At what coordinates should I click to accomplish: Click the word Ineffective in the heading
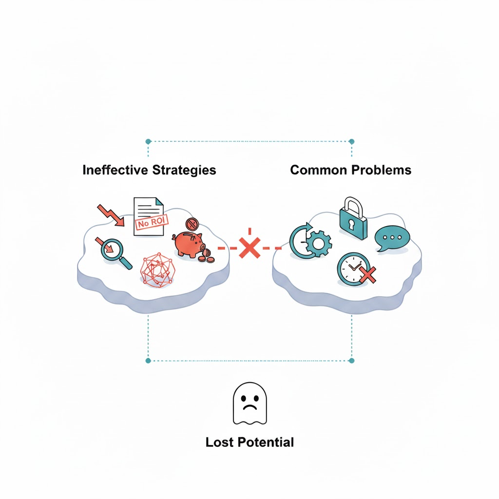(115, 170)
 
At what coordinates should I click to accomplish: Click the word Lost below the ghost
(220, 442)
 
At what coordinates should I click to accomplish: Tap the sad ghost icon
(249, 403)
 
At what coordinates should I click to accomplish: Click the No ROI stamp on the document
(151, 222)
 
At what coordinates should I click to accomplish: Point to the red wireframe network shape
(157, 269)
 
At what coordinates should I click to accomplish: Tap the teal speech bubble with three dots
(392, 238)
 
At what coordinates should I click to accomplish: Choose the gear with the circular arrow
(311, 240)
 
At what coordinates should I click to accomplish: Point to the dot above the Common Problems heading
(352, 141)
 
